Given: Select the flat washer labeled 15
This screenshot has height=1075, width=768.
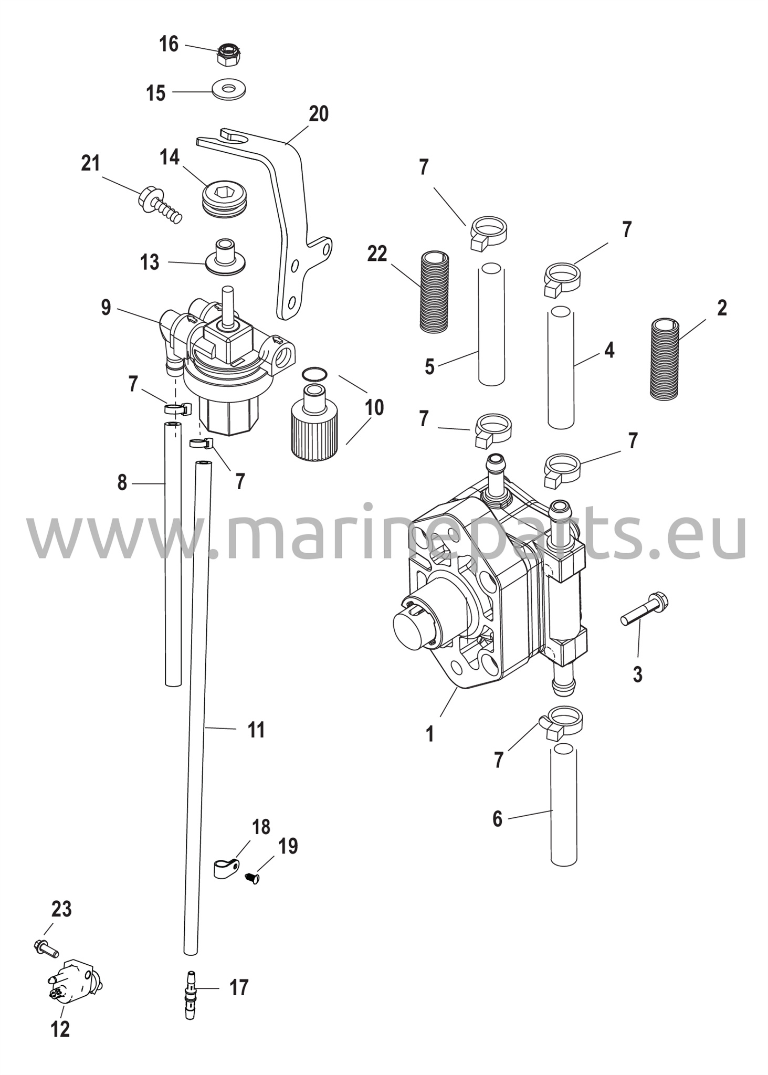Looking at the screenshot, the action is click(229, 89).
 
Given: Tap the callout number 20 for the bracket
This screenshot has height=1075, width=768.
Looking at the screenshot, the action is click(318, 114).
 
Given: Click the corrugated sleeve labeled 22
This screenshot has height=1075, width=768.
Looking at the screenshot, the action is click(434, 291).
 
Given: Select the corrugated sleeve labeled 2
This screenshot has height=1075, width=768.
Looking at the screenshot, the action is click(664, 359).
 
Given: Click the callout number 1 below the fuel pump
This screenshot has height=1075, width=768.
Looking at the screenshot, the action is click(430, 734).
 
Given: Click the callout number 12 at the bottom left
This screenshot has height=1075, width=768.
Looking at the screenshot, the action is click(60, 1029).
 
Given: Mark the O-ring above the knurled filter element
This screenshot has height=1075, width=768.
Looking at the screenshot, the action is click(315, 374).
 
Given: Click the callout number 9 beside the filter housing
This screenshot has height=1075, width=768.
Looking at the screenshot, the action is click(106, 308).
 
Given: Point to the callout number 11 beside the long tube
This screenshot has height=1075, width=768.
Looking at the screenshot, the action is click(257, 730).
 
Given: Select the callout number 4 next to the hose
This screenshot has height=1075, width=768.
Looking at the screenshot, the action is click(609, 350).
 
